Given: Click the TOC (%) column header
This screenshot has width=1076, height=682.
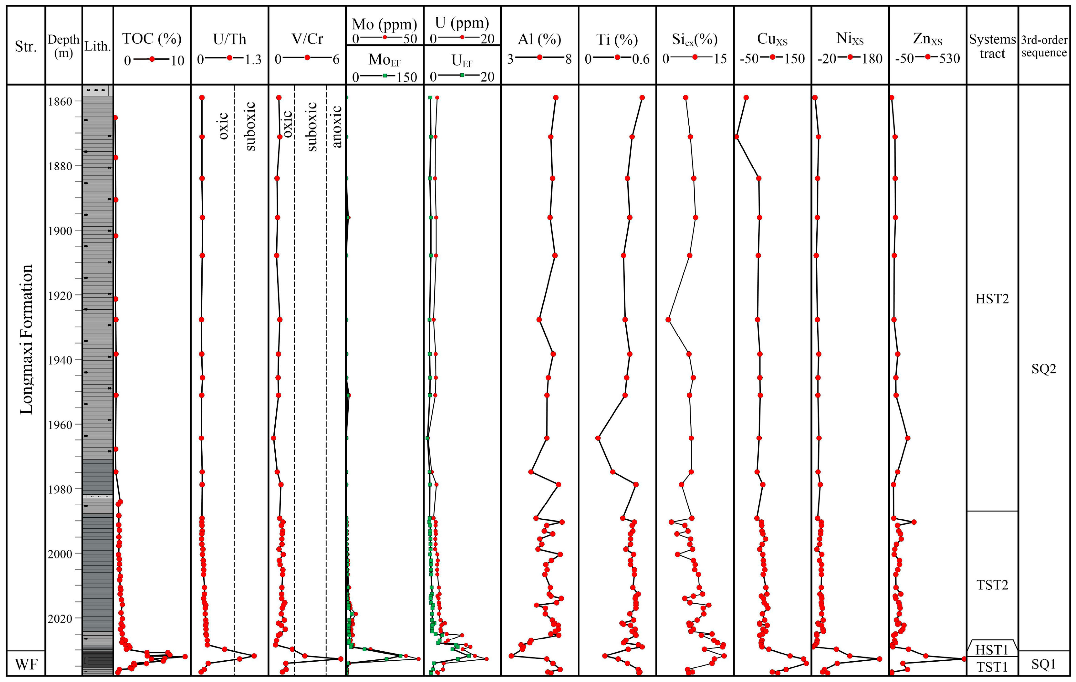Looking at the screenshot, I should [152, 39].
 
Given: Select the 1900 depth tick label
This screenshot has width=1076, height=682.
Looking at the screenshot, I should [60, 231].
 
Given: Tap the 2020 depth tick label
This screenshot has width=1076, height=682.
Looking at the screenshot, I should [60, 619].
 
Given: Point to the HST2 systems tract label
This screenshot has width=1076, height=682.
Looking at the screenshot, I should [992, 299].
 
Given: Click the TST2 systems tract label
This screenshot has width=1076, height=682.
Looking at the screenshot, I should [992, 585].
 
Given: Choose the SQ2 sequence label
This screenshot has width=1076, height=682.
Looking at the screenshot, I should [1043, 369].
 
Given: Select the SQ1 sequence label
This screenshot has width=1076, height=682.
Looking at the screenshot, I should [1043, 664].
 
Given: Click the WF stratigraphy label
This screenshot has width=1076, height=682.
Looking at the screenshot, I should [26, 664].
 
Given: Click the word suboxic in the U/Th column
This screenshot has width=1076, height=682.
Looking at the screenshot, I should [250, 126].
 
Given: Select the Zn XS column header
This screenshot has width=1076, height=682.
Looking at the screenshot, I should [927, 39].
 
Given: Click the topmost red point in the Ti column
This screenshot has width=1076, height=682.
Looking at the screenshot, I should [642, 98].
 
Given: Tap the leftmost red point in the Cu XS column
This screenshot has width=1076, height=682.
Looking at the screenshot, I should [736, 137].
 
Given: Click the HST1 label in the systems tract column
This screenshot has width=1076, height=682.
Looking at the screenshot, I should [992, 650].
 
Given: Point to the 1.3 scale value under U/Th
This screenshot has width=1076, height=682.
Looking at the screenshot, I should [253, 60].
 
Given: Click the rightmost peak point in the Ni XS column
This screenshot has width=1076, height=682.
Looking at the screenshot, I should [879, 659].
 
